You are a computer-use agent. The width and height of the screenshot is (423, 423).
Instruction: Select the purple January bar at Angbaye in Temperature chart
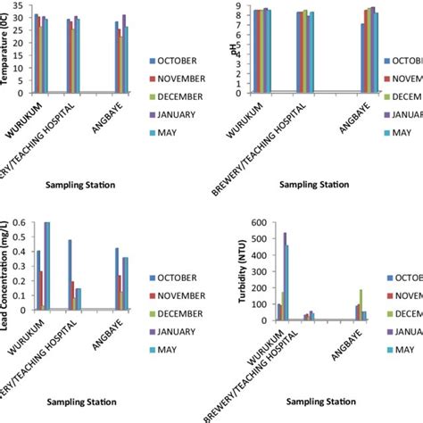pos(123,53)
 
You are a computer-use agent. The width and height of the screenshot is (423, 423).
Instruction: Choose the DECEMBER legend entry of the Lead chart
pos(181,311)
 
